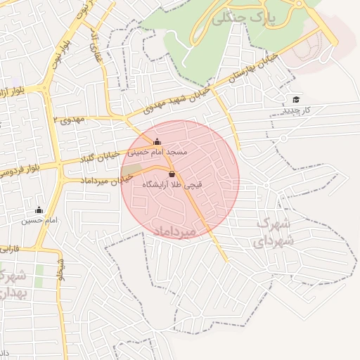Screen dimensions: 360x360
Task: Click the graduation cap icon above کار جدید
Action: [x=296, y=99]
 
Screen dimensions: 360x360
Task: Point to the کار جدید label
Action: [x=296, y=111]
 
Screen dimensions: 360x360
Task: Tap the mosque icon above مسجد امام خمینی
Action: [x=157, y=141]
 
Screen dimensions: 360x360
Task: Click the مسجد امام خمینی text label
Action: [x=157, y=152]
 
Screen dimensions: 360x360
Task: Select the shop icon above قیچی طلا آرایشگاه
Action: [x=172, y=174]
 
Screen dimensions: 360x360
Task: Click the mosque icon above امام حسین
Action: [x=39, y=210]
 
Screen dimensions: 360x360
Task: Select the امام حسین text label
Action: [x=39, y=221]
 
